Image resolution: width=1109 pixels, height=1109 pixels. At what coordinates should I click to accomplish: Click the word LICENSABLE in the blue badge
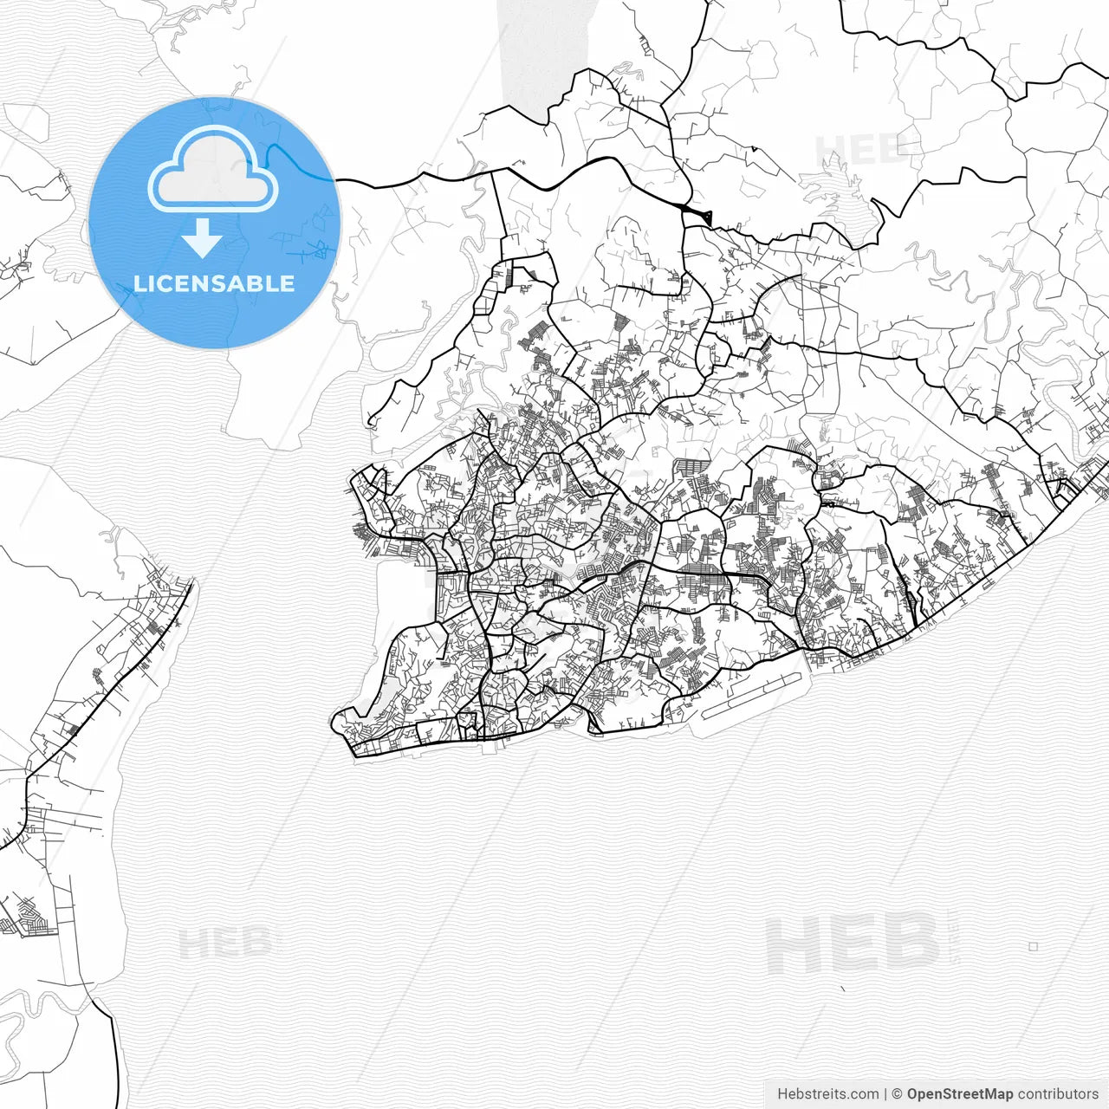[x=214, y=284]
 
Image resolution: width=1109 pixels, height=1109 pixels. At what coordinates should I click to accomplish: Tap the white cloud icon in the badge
[x=212, y=172]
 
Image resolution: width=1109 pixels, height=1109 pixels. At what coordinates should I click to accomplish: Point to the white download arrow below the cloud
[x=202, y=239]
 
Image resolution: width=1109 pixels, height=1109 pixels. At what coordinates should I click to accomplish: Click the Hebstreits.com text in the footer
[x=827, y=1094]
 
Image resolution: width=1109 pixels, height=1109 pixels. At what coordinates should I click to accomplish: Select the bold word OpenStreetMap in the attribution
[x=959, y=1094]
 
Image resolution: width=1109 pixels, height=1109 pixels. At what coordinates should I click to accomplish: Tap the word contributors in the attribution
[x=1058, y=1094]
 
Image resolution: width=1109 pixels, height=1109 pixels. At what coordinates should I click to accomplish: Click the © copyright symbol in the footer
[x=897, y=1094]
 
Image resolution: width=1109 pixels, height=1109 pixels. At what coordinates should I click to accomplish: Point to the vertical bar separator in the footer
[x=885, y=1094]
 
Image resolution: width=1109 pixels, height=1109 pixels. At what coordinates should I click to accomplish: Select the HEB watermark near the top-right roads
[x=858, y=150]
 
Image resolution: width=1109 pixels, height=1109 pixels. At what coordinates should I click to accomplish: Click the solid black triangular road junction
[x=698, y=216]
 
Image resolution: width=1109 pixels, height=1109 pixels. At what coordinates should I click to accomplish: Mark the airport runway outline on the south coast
[x=750, y=697]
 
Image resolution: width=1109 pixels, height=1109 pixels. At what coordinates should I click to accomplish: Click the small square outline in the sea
[x=1033, y=947]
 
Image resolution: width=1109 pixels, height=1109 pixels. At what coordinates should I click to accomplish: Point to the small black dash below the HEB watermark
[x=843, y=988]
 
